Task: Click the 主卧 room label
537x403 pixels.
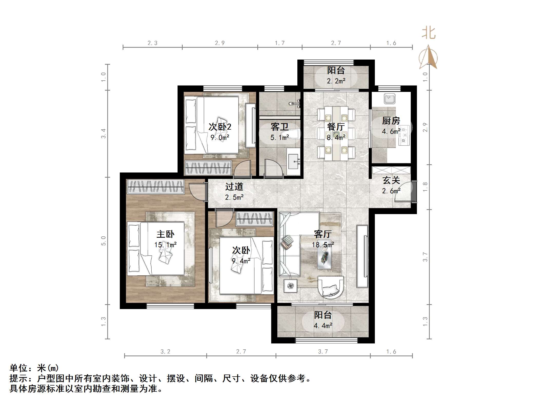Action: click(165, 234)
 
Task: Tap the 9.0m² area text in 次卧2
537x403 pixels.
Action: click(220, 138)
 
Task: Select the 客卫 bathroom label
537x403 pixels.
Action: click(279, 127)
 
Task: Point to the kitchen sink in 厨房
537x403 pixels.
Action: click(390, 99)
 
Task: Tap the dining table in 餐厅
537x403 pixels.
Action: click(336, 133)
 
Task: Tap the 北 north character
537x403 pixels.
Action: click(429, 33)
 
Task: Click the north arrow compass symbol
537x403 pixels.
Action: click(428, 58)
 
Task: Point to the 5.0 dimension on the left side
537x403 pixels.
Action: click(103, 241)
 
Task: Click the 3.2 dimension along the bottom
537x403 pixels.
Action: click(165, 352)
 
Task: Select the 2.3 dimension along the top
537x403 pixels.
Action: click(152, 43)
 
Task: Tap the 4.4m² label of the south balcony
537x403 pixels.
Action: click(323, 326)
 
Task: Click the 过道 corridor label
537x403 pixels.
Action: click(234, 187)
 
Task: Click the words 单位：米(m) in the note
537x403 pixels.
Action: click(34, 368)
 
